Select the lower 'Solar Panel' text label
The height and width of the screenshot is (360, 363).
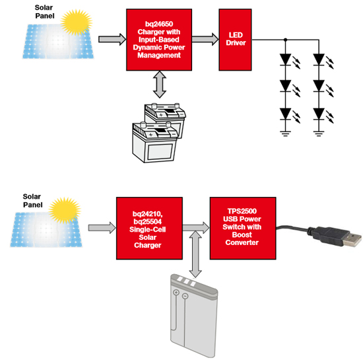coord(31,200)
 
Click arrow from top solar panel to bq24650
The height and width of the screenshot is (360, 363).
coord(110,40)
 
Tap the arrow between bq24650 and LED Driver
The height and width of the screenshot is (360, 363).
coord(206,40)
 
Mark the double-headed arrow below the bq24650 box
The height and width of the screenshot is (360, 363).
coord(159,86)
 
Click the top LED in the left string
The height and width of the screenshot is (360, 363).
coord(286,59)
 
